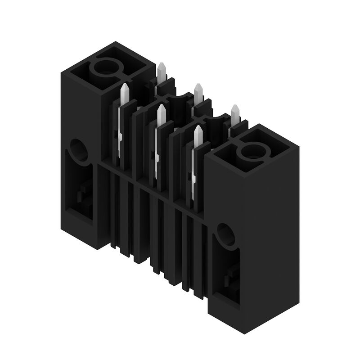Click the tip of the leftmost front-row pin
tap(125, 85)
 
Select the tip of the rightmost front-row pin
tap(198, 128)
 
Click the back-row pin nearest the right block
tap(235, 107)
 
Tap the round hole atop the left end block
tap(107, 68)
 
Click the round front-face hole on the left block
tap(79, 150)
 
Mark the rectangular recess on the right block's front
tap(226, 274)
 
